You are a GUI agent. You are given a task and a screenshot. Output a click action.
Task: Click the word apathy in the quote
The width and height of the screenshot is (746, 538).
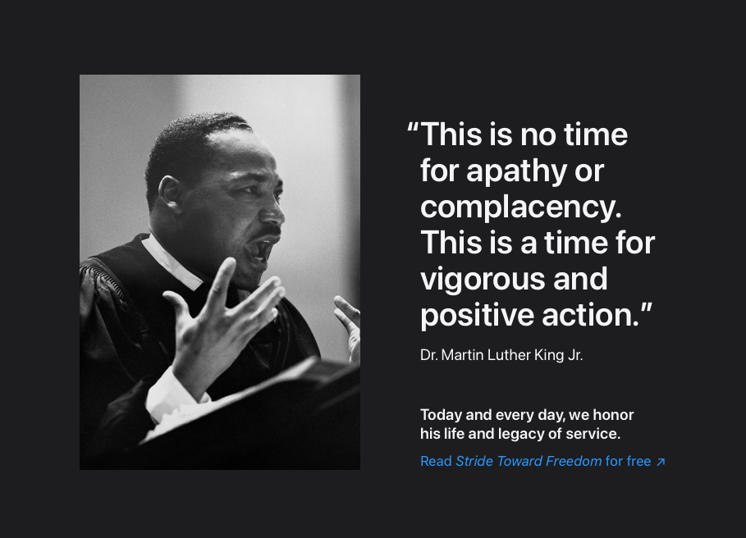point(517,171)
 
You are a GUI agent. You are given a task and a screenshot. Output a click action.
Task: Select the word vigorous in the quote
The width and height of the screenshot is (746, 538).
point(483,280)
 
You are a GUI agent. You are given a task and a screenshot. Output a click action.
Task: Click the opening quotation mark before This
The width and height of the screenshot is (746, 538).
point(413,127)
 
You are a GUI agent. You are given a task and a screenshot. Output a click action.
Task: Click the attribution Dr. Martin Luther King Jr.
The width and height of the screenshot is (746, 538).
point(501,355)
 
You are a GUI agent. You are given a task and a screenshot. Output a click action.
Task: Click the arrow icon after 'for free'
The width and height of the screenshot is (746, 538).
point(661,462)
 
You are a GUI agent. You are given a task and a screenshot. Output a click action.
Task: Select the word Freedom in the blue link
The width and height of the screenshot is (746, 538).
point(574,461)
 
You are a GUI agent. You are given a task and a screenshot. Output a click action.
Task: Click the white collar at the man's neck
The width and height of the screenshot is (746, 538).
point(172,262)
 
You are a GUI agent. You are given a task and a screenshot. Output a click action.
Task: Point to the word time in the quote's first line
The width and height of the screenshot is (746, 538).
point(596,134)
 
